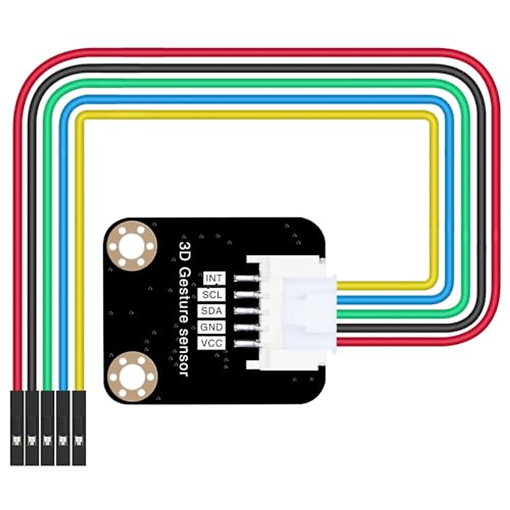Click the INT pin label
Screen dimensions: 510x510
pos(214,278)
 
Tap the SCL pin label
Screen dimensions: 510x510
pos(212,295)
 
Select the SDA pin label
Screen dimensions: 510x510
pos(212,311)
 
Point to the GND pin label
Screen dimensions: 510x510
pos(212,327)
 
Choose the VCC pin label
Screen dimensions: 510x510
pos(212,343)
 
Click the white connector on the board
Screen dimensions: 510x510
pos(293,312)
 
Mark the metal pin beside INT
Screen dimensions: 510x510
pos(247,279)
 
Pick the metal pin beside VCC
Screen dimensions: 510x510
pos(247,343)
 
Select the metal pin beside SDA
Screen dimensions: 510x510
pos(247,311)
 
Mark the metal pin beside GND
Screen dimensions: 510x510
pos(247,327)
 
